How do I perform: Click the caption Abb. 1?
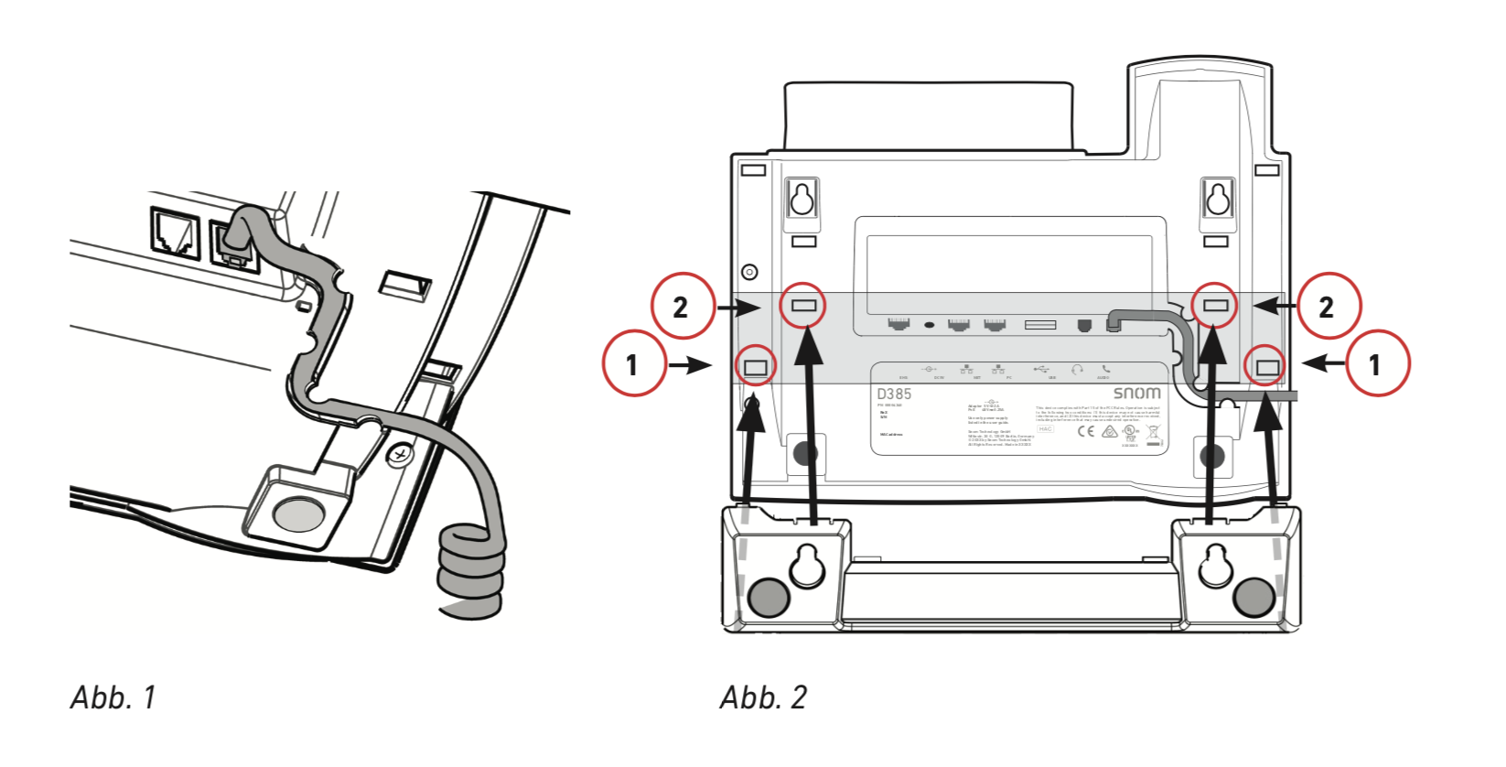pyautogui.click(x=113, y=697)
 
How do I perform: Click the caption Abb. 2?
pyautogui.click(x=763, y=697)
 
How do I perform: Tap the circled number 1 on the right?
pyautogui.click(x=1374, y=364)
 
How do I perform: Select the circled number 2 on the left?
pyautogui.click(x=681, y=307)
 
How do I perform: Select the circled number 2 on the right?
pyautogui.click(x=1327, y=307)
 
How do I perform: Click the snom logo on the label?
pyautogui.click(x=1136, y=393)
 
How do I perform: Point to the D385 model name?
pyautogui.click(x=894, y=394)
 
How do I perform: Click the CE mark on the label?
pyautogui.click(x=1085, y=430)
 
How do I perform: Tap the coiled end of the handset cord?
pyautogui.click(x=470, y=572)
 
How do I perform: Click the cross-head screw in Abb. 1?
pyautogui.click(x=399, y=452)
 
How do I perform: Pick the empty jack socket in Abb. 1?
pyautogui.click(x=176, y=233)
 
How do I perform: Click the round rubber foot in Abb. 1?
pyautogui.click(x=298, y=513)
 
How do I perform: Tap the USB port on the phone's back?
pyautogui.click(x=1040, y=325)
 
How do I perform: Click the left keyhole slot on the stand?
pyautogui.click(x=807, y=565)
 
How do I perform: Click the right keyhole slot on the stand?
pyautogui.click(x=1215, y=565)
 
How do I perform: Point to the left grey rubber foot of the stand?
pyautogui.click(x=769, y=599)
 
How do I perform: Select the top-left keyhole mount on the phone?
pyautogui.click(x=802, y=198)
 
